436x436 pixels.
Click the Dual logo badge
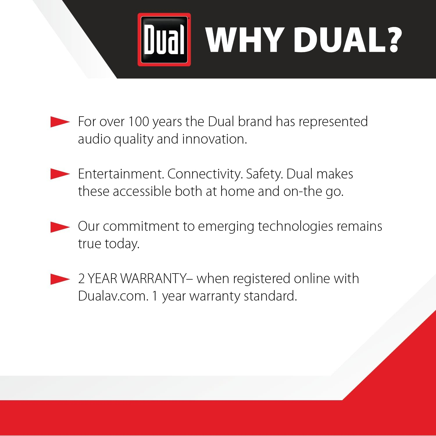(x=164, y=40)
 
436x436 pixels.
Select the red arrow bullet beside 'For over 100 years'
(x=60, y=122)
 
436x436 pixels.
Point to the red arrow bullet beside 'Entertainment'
(x=60, y=174)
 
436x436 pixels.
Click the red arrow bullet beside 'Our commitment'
(x=60, y=227)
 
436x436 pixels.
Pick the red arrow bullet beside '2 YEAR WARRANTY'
(x=60, y=279)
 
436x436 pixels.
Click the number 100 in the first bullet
(x=139, y=121)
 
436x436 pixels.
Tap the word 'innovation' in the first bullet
(x=214, y=139)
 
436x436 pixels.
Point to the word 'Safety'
(x=264, y=174)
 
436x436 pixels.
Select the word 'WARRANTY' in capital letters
(x=153, y=279)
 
